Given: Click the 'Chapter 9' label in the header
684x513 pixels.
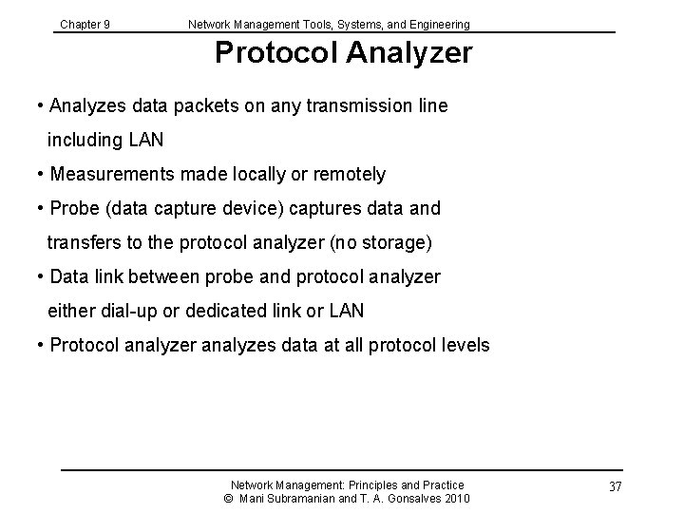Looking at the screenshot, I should pyautogui.click(x=85, y=24).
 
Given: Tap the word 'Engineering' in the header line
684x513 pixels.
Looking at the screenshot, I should pyautogui.click(x=438, y=24).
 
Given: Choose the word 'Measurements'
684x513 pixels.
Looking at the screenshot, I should pyautogui.click(x=110, y=175).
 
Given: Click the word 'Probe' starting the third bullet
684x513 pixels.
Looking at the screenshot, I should pyautogui.click(x=73, y=209).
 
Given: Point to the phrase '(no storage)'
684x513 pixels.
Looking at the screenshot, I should pyautogui.click(x=381, y=243).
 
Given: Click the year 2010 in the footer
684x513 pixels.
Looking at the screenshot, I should pyautogui.click(x=456, y=499).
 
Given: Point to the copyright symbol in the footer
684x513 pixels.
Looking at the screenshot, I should pyautogui.click(x=228, y=499).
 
